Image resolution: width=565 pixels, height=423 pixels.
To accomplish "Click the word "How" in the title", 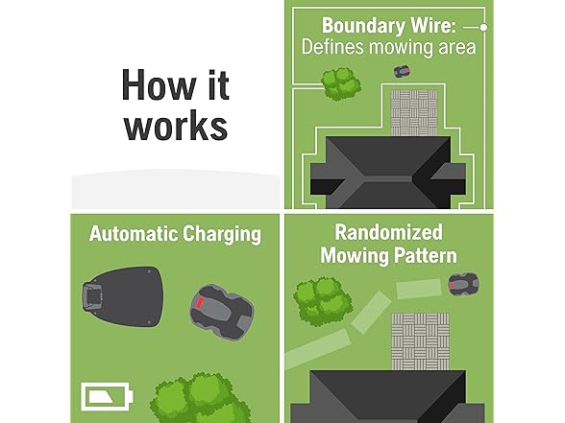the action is [x=159, y=84].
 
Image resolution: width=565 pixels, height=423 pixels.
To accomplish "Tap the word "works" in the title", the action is [x=176, y=126].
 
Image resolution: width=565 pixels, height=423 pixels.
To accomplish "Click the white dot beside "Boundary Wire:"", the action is [x=484, y=27].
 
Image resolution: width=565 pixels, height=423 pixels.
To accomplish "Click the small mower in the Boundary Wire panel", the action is [x=402, y=71].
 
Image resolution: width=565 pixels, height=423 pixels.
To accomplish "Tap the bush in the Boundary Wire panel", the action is [x=340, y=84].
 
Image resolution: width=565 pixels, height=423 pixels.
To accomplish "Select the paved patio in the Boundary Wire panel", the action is [x=414, y=112].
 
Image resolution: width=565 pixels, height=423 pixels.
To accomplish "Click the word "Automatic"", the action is [x=134, y=234].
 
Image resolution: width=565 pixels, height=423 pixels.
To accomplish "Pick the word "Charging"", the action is [x=222, y=235].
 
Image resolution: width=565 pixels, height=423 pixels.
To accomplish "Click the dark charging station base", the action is [x=123, y=296].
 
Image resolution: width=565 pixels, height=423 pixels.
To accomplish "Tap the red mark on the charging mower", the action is [x=200, y=302].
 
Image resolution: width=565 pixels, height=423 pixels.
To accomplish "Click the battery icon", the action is [x=107, y=396].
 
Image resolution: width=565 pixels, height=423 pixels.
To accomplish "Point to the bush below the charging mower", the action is [x=200, y=399].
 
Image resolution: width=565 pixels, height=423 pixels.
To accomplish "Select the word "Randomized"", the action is [x=389, y=232].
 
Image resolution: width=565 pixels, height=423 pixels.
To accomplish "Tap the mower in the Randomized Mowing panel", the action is [x=463, y=284].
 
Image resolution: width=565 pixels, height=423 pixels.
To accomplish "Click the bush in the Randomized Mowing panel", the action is [x=323, y=301].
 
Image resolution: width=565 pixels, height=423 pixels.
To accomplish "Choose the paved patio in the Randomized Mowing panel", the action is [x=420, y=341].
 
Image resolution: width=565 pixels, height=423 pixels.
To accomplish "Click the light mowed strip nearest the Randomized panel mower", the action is [x=419, y=289].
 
